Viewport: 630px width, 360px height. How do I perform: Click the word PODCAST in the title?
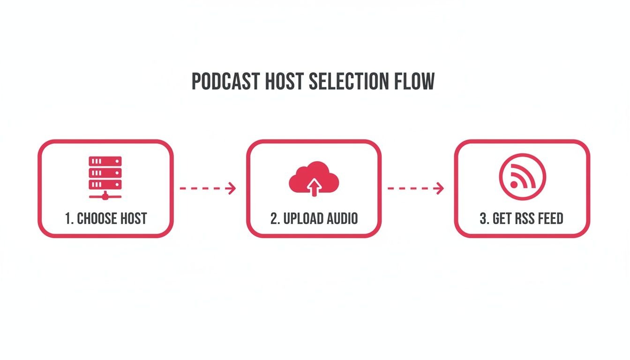point(225,82)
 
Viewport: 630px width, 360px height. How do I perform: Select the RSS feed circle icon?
point(522,177)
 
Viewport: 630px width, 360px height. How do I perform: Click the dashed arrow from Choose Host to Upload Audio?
point(208,188)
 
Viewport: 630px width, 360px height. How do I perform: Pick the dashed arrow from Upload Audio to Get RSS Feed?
point(415,188)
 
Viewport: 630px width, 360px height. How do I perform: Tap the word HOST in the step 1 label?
point(134,218)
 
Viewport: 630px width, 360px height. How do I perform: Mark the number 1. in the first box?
point(69,218)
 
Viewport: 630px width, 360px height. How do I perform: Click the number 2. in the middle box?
point(275,218)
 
